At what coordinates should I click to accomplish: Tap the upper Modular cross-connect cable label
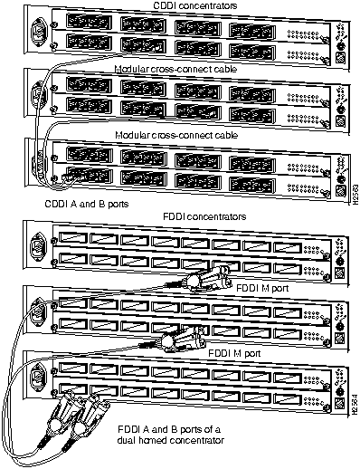click(x=177, y=68)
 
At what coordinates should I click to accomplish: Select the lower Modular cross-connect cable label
click(x=177, y=134)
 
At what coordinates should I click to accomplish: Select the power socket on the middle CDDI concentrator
click(x=37, y=95)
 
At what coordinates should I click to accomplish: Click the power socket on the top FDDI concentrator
click(x=37, y=248)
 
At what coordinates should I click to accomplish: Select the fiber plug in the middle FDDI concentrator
click(x=176, y=340)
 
